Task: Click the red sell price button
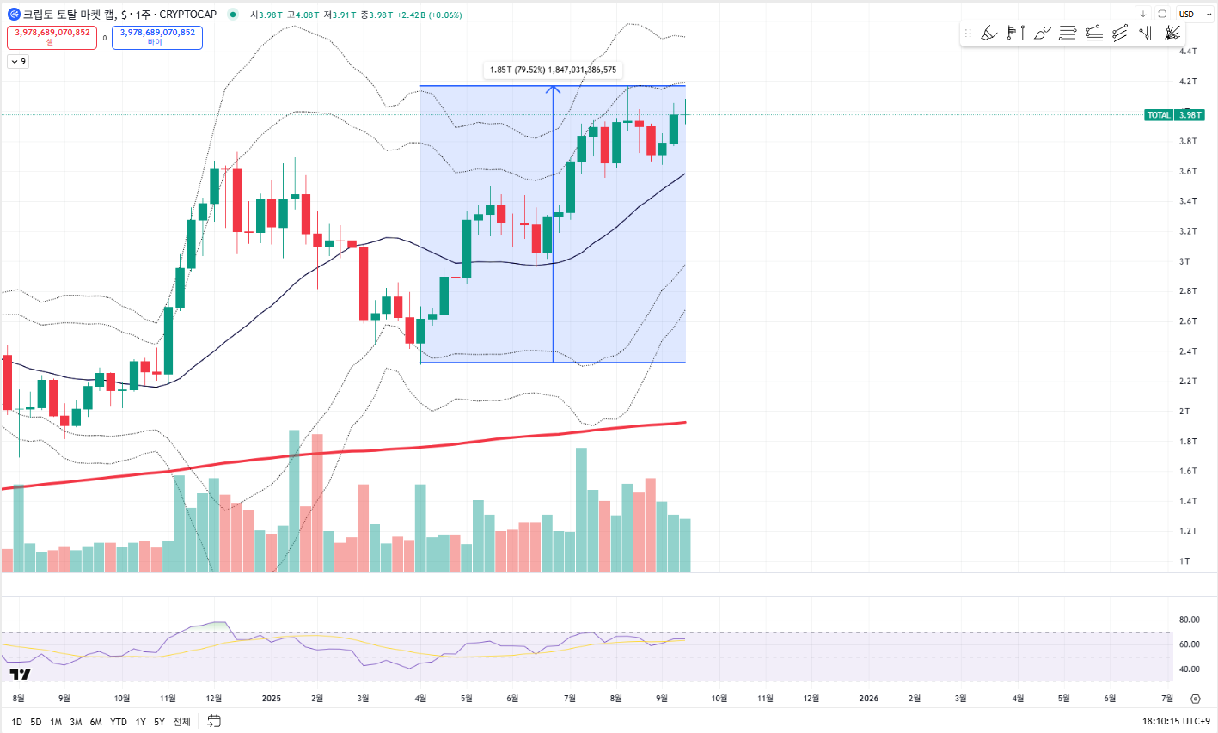pos(52,37)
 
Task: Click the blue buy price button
pos(157,37)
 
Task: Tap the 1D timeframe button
pos(16,722)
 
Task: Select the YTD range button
pos(119,722)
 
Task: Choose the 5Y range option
pos(159,722)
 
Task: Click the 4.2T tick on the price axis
pos(1188,82)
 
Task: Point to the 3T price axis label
pos(1184,261)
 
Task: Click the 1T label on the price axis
pos(1184,561)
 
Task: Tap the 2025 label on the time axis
pos(272,699)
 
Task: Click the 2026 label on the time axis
pos(869,699)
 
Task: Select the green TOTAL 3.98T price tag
pos(1174,115)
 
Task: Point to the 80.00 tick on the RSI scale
pos(1189,620)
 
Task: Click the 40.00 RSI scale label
pos(1189,669)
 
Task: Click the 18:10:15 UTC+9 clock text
pos(1175,722)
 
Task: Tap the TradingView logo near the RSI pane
pos(20,674)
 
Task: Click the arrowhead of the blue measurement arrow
pos(553,89)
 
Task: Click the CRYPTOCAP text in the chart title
pos(188,15)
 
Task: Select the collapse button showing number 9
pos(18,61)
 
